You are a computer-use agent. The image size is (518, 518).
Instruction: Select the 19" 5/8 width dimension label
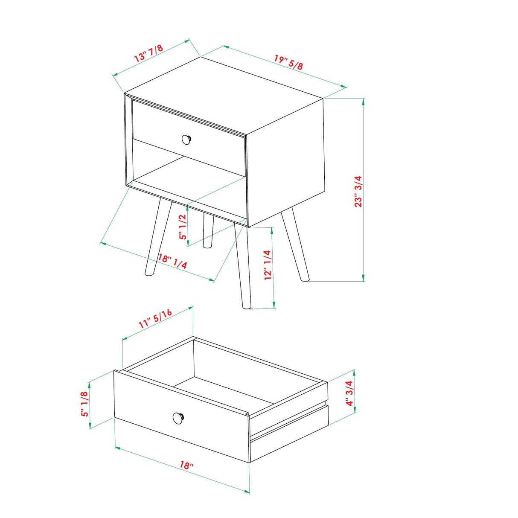pos(288,62)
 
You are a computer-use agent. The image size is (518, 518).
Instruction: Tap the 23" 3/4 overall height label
pos(358,191)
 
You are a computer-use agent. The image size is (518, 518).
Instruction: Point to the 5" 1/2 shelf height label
pos(183,227)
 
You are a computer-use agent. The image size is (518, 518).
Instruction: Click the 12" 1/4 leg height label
pos(268,265)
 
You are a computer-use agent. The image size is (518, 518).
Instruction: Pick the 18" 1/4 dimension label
pos(172,261)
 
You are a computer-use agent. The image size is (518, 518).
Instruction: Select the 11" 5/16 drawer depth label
pos(155,318)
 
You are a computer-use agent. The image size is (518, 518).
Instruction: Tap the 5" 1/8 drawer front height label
pos(85,404)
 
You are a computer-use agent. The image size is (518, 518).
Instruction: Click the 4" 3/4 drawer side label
pos(349,393)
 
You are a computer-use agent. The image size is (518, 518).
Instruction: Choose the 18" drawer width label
pos(186,465)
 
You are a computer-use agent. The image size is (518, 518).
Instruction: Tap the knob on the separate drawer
pos(178,418)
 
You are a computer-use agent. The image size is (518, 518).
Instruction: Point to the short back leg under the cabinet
pos(208,230)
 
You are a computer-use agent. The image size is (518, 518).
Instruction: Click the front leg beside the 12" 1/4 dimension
pos(242,265)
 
